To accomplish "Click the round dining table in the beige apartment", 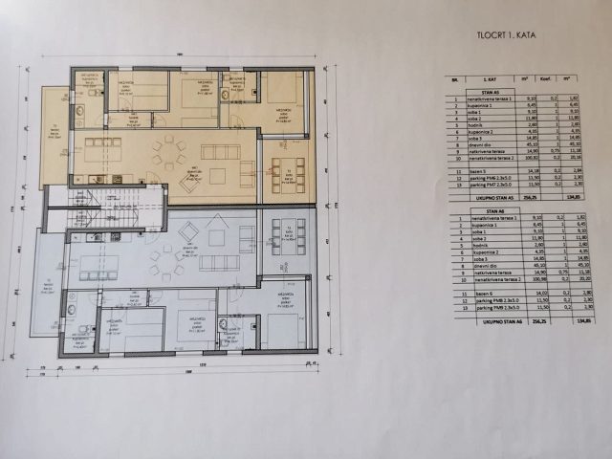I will (x=169, y=151).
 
